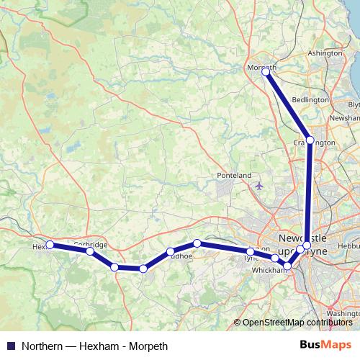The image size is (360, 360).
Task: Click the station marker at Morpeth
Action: pos(266,72)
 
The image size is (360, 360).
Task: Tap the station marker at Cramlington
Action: pos(310,140)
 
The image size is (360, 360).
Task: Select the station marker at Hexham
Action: pos(50,245)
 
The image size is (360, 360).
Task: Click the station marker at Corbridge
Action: pos(89,251)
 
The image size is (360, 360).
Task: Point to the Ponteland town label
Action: pos(234,175)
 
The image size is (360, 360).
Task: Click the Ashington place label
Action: pos(325,53)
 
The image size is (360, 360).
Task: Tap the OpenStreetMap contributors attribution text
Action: pos(297,323)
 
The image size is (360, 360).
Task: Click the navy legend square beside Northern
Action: pos(9,345)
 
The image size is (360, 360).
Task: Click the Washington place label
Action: pos(343,315)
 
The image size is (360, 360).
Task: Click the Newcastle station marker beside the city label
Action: pos(307,246)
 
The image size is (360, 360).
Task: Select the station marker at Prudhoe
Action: pos(171,252)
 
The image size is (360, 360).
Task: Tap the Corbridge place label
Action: pos(91,245)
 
